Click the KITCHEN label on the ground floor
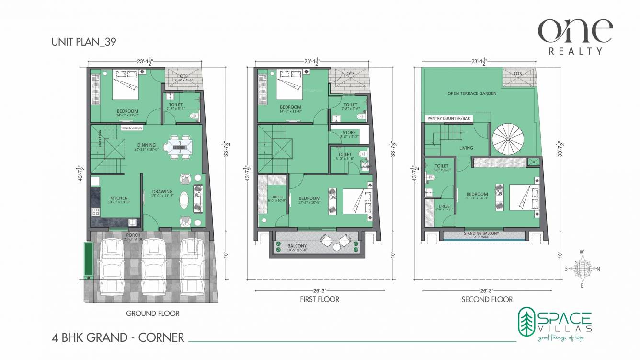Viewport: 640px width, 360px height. pyautogui.click(x=119, y=198)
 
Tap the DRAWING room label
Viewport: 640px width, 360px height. pyautogui.click(x=162, y=192)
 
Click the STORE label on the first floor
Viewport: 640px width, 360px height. pyautogui.click(x=349, y=133)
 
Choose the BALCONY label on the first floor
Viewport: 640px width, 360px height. pyautogui.click(x=297, y=245)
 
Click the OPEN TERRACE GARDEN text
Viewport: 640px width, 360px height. pyautogui.click(x=472, y=93)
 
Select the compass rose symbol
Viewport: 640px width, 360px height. pyautogui.click(x=582, y=269)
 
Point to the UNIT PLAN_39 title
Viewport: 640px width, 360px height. pyautogui.click(x=84, y=42)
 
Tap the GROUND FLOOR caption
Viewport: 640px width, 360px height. pyautogui.click(x=152, y=314)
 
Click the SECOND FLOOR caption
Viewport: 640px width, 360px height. pyautogui.click(x=487, y=299)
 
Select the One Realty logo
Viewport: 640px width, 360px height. pyautogui.click(x=575, y=36)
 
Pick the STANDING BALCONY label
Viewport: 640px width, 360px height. pyautogui.click(x=481, y=233)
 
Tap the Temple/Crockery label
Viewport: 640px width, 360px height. pyautogui.click(x=131, y=128)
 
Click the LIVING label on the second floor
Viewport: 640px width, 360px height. pyautogui.click(x=466, y=148)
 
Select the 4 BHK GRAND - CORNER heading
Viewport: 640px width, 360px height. pyautogui.click(x=118, y=337)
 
